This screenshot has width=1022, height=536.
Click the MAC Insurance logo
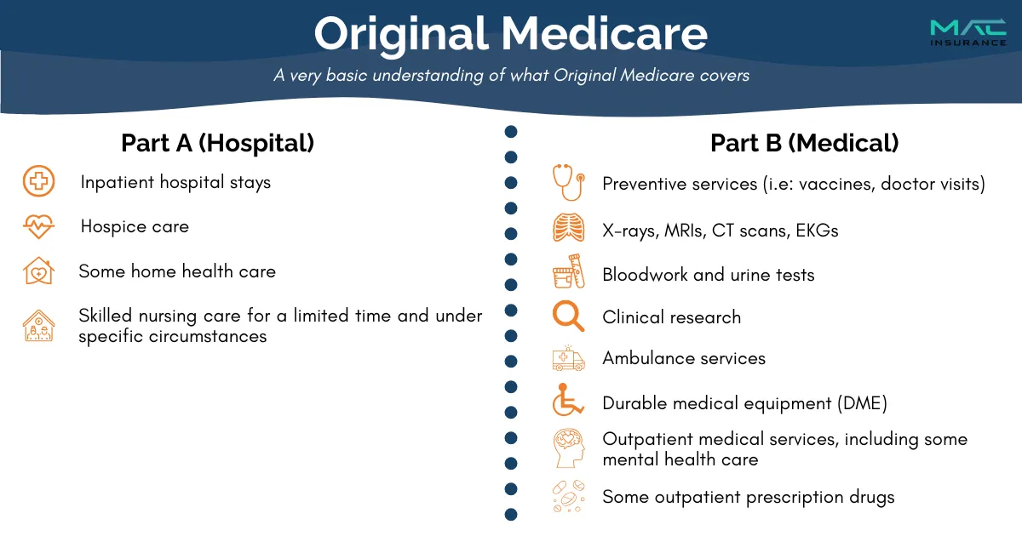coord(968,33)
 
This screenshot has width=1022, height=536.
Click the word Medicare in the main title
coord(605,34)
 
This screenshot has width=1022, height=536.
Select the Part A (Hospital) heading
coord(218,143)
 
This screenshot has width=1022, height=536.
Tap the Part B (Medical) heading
coord(804,143)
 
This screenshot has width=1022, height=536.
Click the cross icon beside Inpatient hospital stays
coord(39,181)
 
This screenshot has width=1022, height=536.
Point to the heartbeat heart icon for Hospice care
coord(39,226)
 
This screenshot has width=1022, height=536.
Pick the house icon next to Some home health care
coord(39,271)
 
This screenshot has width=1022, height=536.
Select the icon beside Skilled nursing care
coord(39,325)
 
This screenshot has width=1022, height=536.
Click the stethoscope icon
coord(569,182)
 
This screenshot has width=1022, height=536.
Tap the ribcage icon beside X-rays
coord(569,227)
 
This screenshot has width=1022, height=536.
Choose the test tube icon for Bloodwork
coord(569,271)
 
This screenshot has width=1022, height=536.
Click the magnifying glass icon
coord(568,316)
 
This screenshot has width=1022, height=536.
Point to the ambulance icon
coord(569,359)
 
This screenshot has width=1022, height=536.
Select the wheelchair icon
coord(568,400)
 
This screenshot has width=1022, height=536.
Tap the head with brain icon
coord(569,448)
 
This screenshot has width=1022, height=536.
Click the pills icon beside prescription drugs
coord(569,496)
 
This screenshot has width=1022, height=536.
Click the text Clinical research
coord(672,317)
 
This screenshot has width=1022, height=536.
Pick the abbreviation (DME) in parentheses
coord(862,403)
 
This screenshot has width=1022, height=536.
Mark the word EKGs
coord(817,231)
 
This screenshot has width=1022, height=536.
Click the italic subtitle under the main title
coord(512,75)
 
